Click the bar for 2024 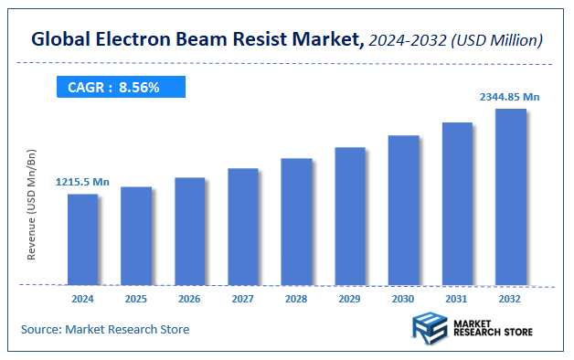82,238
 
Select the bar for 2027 243,226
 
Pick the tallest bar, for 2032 510,196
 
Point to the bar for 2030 403,209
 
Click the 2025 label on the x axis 136,298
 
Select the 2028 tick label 296,298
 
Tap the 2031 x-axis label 457,298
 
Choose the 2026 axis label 189,298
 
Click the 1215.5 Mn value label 82,183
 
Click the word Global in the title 62,39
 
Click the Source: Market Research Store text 105,329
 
